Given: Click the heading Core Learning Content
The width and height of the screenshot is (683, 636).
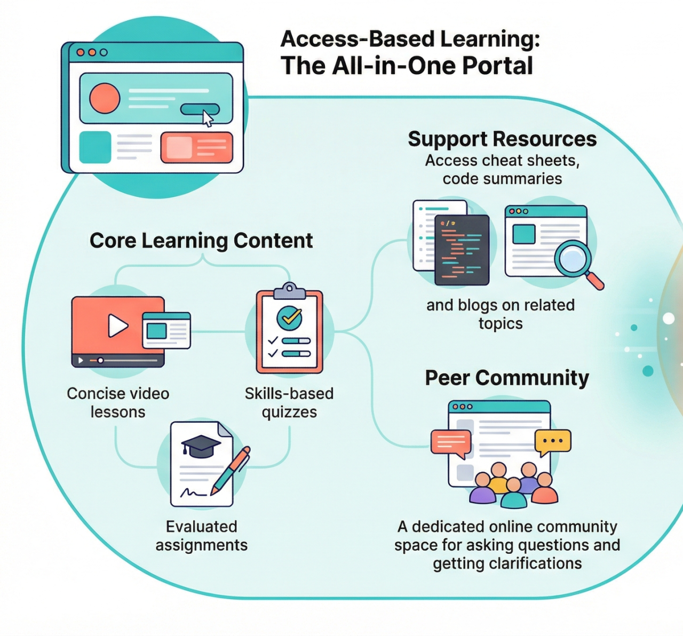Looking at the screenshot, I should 201,241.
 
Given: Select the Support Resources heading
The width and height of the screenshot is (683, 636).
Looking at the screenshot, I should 502,139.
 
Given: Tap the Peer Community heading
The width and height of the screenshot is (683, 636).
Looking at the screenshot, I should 507,378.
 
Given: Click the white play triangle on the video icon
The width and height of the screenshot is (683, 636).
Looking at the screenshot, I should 117,325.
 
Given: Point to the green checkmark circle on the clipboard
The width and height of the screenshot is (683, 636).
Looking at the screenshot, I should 289,318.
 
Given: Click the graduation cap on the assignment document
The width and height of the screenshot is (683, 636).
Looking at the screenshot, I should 201,446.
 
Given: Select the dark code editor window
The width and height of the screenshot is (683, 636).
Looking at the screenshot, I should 462,250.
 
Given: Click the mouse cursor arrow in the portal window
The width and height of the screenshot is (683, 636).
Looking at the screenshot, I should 208,118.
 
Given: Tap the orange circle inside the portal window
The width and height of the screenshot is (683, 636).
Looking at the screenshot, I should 105,98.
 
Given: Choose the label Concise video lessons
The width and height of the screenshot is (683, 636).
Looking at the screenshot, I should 118,403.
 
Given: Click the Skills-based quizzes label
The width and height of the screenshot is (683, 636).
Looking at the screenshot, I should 289,403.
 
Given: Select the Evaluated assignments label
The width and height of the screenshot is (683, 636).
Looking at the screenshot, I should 202,536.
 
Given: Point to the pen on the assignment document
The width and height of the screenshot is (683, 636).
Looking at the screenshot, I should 231,470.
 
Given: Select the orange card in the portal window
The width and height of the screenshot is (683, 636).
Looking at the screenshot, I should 197,147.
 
